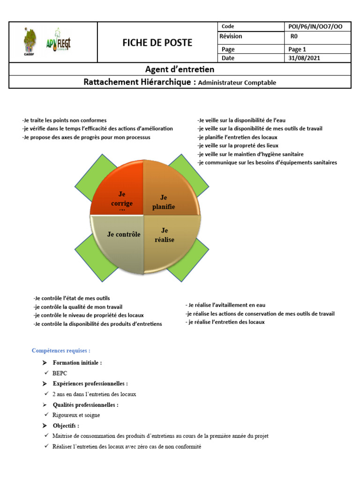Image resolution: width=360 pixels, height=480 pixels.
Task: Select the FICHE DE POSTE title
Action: coord(157,43)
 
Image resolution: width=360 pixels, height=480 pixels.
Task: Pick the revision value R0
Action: coord(294,36)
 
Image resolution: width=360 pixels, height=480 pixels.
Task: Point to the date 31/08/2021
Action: coord(305,58)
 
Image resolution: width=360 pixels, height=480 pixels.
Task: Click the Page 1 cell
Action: coord(297,49)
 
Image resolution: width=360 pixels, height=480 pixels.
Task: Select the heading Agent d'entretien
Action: coord(180,69)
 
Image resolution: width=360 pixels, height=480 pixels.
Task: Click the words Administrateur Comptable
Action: coord(237,82)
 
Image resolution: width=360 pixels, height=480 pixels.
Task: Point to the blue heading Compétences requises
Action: coord(61,351)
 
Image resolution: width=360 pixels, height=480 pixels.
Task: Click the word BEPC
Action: coord(60,374)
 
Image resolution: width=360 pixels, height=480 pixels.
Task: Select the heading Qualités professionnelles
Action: coord(85,405)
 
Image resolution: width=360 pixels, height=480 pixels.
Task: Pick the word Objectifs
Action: coord(66,426)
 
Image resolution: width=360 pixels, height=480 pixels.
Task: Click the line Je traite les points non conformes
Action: coord(64,120)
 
